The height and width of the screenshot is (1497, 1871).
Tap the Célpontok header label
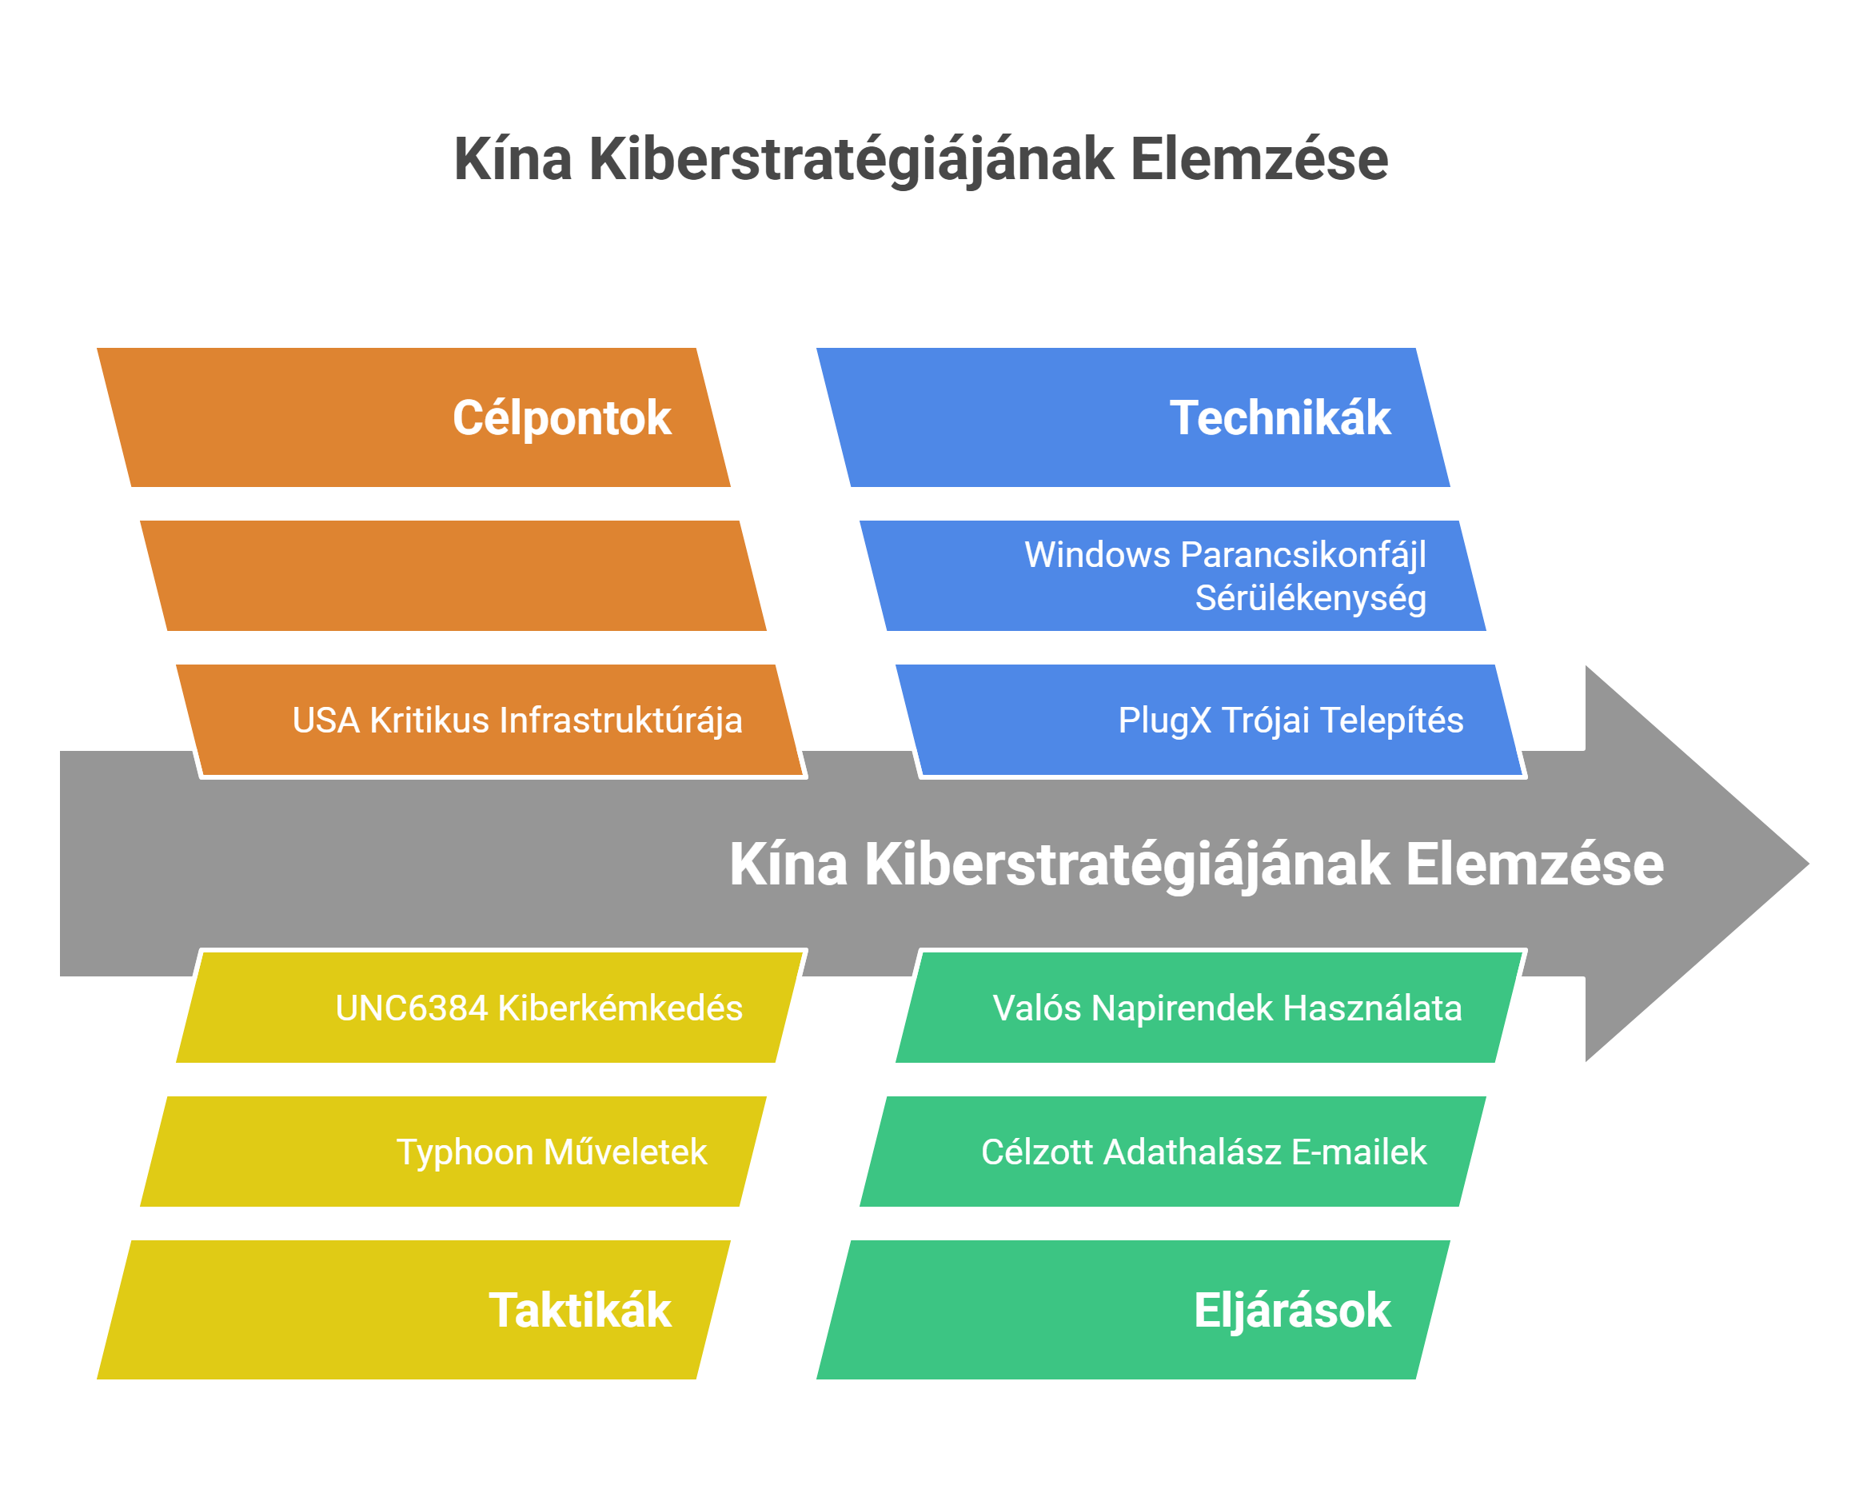[x=561, y=418]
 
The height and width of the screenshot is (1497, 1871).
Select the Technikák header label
[x=1280, y=418]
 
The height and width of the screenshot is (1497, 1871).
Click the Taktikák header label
[x=580, y=1311]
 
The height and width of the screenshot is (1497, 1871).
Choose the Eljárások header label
[x=1292, y=1311]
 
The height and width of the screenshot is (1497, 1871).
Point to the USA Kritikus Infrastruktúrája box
[x=517, y=721]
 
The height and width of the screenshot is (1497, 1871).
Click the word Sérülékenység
[x=1310, y=599]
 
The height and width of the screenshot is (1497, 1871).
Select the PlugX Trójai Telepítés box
[x=1291, y=721]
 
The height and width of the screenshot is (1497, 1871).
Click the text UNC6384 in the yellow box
[x=411, y=1008]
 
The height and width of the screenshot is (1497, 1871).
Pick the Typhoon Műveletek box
[x=552, y=1152]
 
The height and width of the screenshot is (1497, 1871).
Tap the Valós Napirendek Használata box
[x=1227, y=1008]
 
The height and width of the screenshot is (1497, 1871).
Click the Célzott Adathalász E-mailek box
[x=1203, y=1152]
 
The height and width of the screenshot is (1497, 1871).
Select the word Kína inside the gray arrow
[x=788, y=864]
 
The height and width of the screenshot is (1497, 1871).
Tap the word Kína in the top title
[x=513, y=160]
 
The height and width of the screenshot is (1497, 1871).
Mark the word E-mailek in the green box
[x=1359, y=1152]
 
